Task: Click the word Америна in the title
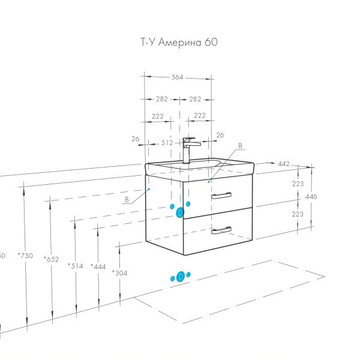pyautogui.click(x=184, y=43)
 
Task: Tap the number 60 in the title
pyautogui.click(x=211, y=43)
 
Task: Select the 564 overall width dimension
pyautogui.click(x=176, y=77)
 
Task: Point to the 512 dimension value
pyautogui.click(x=167, y=143)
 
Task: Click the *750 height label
pyautogui.click(x=26, y=256)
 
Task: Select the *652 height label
pyautogui.click(x=51, y=259)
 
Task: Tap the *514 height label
pyautogui.click(x=76, y=265)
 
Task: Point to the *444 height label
pyautogui.click(x=98, y=266)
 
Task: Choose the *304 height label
pyautogui.click(x=119, y=272)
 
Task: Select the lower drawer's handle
pyautogui.click(x=221, y=229)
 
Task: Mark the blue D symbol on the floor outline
pyautogui.click(x=181, y=277)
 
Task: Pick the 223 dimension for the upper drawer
pyautogui.click(x=298, y=184)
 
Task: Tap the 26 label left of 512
pyautogui.click(x=136, y=139)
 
